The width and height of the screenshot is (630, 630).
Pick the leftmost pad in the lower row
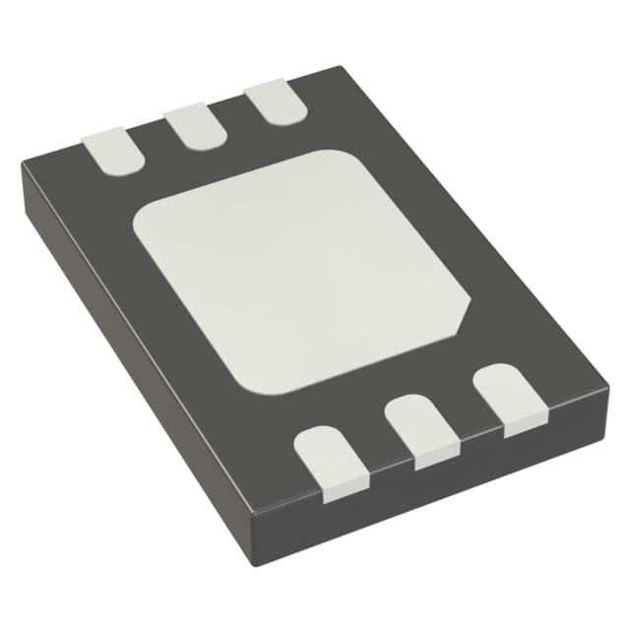(x=333, y=460)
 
